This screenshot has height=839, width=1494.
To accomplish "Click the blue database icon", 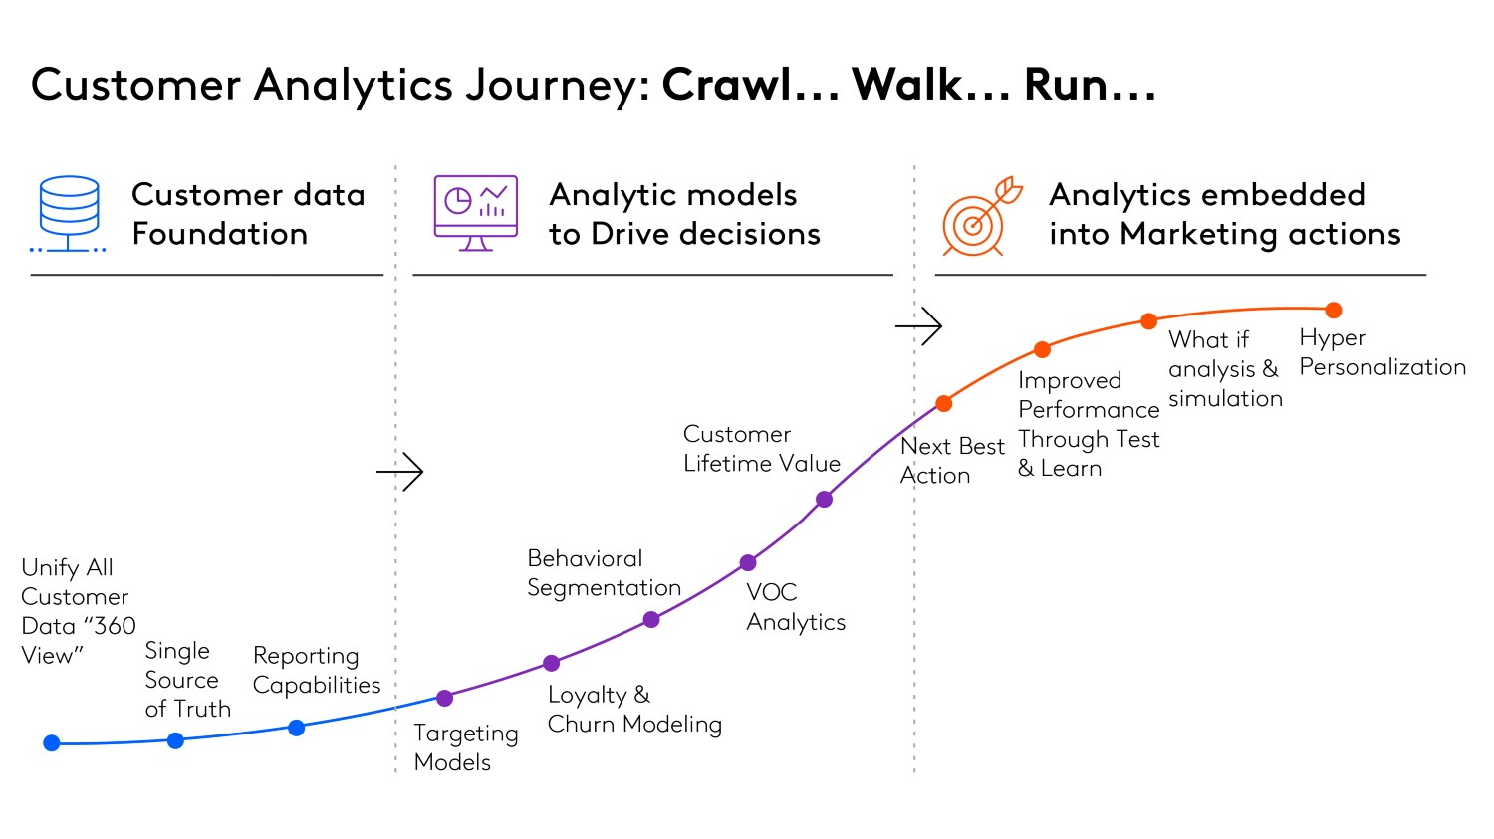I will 69,214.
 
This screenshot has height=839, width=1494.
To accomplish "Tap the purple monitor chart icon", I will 475,213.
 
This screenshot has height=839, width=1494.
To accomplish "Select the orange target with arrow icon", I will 980,217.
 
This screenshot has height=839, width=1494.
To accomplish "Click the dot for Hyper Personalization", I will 1333,311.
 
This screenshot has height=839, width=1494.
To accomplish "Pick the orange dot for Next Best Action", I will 943,403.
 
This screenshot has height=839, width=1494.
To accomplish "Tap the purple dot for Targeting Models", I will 444,698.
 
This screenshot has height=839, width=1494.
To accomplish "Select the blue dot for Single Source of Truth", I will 175,740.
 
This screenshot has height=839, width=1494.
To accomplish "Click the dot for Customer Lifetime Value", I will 824,499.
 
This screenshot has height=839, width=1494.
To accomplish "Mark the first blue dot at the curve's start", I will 52,742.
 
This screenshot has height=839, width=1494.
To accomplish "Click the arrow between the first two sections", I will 400,471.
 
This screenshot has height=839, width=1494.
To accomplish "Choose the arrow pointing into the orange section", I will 918,325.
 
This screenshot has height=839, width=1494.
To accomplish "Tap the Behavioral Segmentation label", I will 604,573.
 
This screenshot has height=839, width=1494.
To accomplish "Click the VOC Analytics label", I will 795,607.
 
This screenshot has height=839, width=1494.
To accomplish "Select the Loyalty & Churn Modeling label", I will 634,709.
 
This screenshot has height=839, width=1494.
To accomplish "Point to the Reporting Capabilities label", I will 316,670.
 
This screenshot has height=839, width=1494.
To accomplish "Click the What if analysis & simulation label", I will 1224,369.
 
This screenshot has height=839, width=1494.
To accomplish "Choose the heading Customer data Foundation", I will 248,214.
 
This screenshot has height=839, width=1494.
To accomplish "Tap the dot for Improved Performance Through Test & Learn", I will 1042,349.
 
